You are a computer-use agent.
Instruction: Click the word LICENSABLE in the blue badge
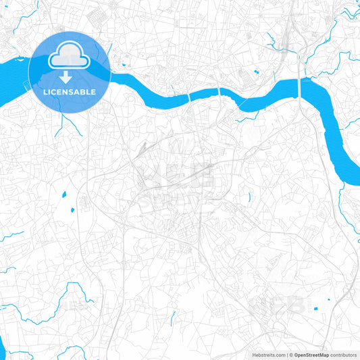[69, 91]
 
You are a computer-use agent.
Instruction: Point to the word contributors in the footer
[344, 354]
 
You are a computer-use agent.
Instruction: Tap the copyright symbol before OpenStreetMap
[292, 354]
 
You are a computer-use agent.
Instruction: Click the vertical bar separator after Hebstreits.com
[286, 354]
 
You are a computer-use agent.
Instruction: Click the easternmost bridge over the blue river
[299, 88]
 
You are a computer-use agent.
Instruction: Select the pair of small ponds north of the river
[257, 72]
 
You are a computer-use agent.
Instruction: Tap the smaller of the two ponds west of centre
[70, 208]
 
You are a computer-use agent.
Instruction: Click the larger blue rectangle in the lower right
[315, 308]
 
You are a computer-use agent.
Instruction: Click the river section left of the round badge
[14, 70]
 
